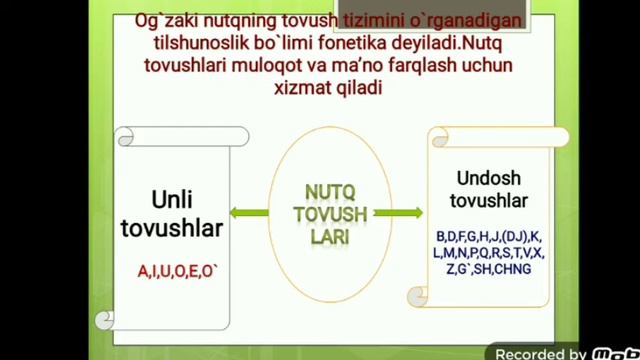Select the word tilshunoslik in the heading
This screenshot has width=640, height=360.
(x=196, y=45)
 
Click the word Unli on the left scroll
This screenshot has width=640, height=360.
(x=172, y=200)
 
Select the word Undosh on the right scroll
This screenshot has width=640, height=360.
(x=488, y=179)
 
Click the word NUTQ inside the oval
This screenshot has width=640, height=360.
(x=330, y=191)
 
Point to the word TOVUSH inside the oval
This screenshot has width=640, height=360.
(x=330, y=214)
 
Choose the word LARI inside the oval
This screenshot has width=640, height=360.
(x=330, y=237)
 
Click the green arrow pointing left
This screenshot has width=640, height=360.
(x=248, y=212)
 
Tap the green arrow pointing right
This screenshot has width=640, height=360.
(x=398, y=212)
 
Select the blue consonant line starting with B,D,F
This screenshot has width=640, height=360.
(x=488, y=236)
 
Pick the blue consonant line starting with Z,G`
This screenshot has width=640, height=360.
(x=488, y=269)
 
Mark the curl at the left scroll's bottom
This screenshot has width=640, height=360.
(x=105, y=320)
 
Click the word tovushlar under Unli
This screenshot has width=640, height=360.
(x=172, y=228)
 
